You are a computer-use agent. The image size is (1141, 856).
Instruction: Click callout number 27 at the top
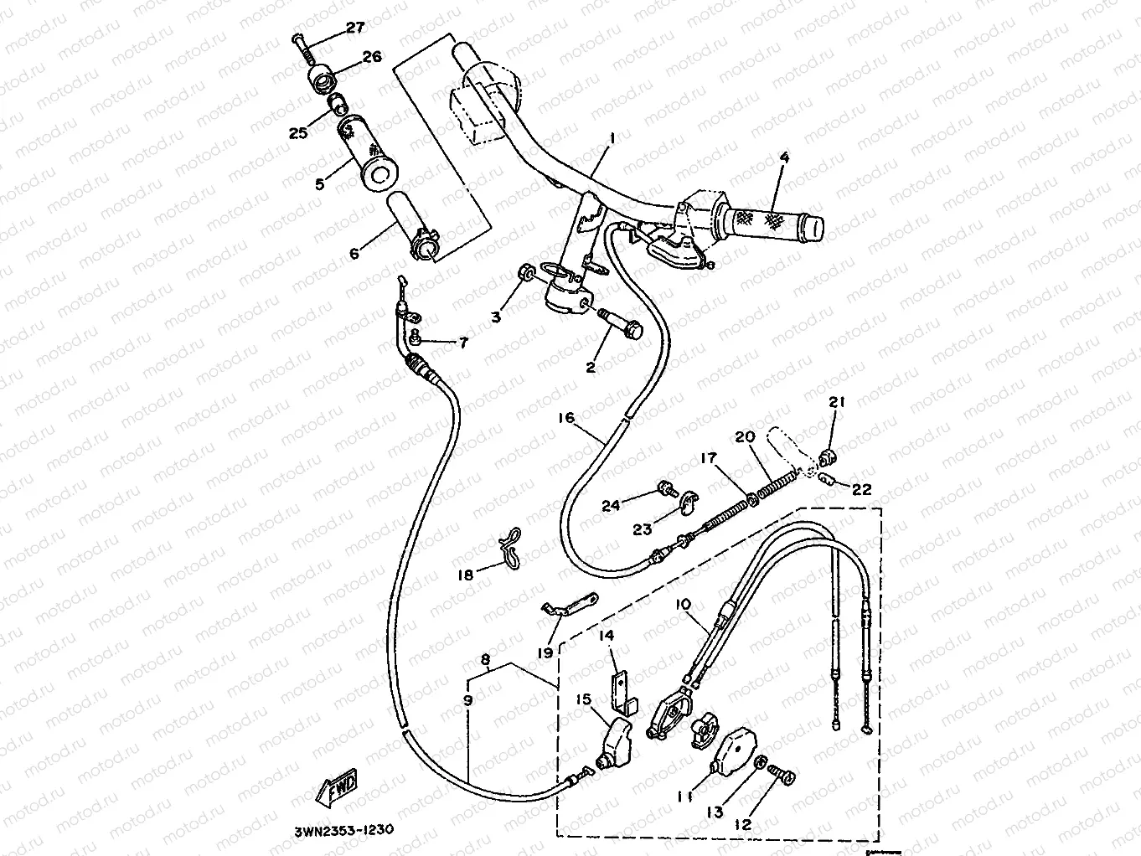coord(355,28)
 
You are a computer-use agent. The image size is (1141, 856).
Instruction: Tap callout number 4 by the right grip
coord(784,157)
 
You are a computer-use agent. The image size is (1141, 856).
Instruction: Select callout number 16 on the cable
coord(566,417)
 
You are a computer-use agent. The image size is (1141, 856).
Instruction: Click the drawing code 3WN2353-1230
coord(343,831)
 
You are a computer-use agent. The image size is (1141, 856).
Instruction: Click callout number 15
coord(584,699)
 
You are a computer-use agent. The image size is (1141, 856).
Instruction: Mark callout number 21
coord(837,403)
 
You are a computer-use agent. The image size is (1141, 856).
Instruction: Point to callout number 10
coord(682,603)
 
